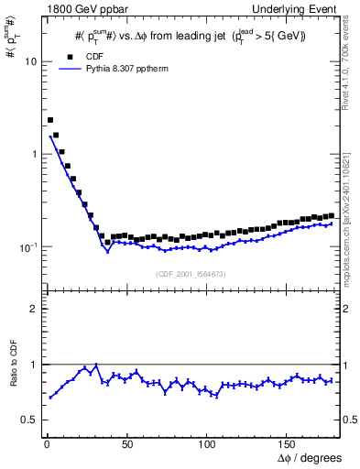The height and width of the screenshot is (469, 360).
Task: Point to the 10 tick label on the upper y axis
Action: pyautogui.click(x=30, y=62)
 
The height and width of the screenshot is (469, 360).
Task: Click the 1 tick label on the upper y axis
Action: pyautogui.click(x=33, y=155)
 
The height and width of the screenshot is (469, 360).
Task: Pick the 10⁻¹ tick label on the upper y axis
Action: pyautogui.click(x=27, y=247)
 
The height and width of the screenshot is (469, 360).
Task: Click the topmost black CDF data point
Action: pyautogui.click(x=50, y=120)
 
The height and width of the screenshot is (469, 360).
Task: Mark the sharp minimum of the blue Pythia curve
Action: pyautogui.click(x=108, y=250)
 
